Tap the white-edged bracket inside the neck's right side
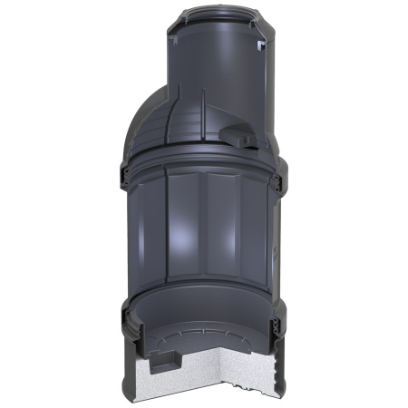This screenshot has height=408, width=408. click(263, 44)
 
